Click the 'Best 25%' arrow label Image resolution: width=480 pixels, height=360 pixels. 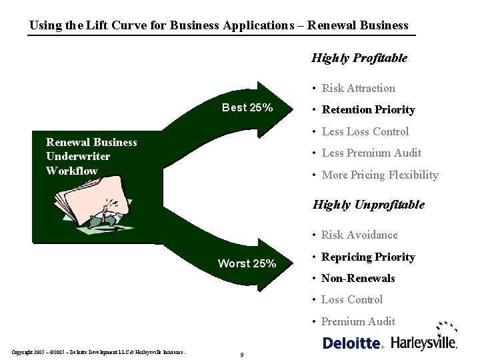247,108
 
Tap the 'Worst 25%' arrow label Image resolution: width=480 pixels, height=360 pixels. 247,263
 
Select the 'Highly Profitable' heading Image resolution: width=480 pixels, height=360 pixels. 359,58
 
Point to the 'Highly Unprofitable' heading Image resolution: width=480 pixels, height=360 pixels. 368,205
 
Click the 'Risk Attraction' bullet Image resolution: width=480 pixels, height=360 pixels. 358,88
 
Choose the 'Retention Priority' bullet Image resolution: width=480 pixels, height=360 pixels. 368,109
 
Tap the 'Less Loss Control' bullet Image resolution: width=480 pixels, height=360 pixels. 365,131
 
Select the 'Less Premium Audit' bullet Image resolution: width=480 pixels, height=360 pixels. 371,153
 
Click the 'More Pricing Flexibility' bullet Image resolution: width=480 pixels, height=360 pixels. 380,175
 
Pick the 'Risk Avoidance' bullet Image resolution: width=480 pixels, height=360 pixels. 359,235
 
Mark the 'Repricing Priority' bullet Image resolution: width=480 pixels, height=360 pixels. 368,257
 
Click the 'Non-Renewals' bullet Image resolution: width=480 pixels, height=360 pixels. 358,278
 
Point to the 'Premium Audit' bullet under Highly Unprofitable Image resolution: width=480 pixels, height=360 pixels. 358,321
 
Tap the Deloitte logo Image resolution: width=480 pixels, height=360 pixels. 353,343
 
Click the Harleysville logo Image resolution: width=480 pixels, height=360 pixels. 424,342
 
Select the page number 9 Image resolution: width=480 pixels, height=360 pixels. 241,355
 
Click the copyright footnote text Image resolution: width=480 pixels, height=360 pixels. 98,352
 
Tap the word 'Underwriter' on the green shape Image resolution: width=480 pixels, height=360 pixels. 78,156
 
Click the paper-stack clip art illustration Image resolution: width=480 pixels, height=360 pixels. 90,200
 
